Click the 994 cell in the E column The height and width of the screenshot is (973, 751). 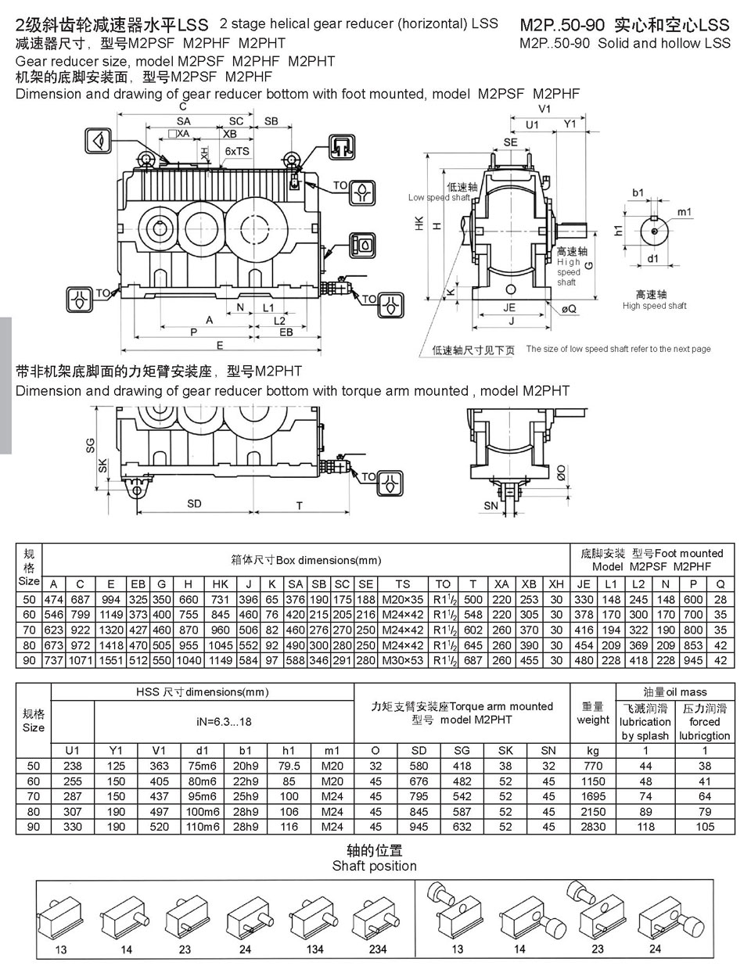[110, 599]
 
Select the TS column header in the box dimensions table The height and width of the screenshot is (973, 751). [403, 584]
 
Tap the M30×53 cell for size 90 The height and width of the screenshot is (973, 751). [403, 660]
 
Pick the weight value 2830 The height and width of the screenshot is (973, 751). [593, 827]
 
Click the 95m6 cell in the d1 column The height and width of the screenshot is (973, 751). [203, 796]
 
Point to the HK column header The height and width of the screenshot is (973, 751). [221, 584]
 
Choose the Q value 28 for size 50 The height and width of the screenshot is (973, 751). [720, 599]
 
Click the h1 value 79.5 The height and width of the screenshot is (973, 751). [289, 766]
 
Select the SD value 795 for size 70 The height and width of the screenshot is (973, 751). [419, 796]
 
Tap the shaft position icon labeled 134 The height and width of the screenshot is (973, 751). [313, 915]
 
